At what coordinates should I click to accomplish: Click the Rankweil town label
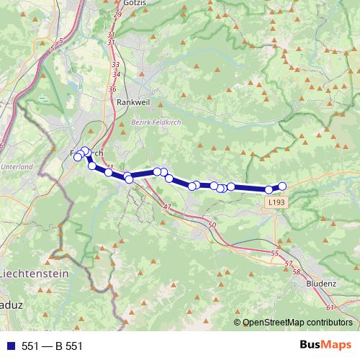point(132,102)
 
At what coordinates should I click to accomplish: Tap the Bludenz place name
point(320,283)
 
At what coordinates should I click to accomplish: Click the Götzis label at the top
point(135,4)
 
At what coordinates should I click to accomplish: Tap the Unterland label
point(17,166)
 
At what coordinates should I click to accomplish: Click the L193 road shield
point(274,204)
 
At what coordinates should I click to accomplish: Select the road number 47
point(167,207)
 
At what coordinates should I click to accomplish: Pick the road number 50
point(212,226)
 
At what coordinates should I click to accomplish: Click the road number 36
point(112,89)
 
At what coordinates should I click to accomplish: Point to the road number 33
point(115,65)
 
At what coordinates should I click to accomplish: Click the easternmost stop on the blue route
point(282,186)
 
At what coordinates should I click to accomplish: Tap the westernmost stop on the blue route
point(78,157)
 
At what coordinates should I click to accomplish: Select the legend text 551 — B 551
point(53,346)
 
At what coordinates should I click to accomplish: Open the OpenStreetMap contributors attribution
point(297,323)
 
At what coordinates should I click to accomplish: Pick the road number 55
point(274,254)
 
